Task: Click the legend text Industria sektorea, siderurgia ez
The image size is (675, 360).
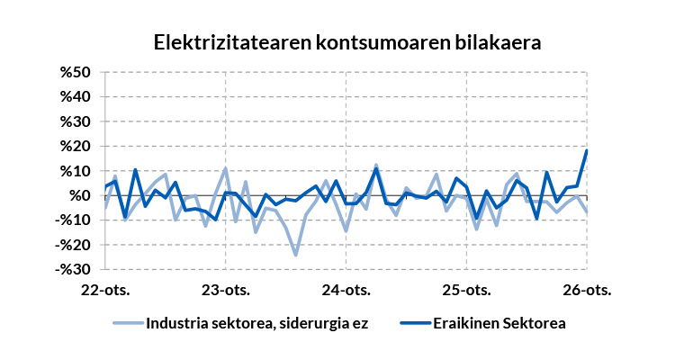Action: (257, 323)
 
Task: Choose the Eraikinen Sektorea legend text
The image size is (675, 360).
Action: (499, 323)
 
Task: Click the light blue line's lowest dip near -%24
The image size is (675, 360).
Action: (295, 255)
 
